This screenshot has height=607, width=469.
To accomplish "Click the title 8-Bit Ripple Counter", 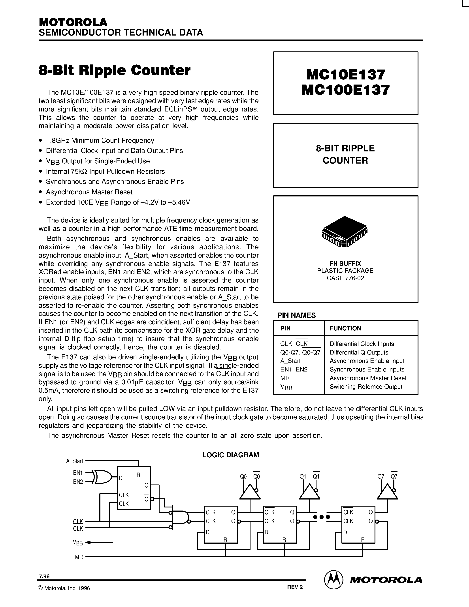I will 115,70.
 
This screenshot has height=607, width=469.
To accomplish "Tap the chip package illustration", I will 345,232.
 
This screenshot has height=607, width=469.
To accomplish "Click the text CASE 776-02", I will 345,278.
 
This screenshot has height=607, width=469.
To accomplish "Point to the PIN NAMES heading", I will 296,315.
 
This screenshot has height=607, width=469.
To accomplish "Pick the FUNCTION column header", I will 345,328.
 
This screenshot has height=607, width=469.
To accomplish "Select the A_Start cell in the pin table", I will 290,361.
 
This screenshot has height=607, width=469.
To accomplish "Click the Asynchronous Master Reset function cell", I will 368,378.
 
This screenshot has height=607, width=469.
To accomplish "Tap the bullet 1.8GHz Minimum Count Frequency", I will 100,140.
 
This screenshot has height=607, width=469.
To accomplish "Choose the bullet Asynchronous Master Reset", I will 89,192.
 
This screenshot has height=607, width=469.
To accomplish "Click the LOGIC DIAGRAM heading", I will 231,455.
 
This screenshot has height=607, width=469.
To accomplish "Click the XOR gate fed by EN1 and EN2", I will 103,477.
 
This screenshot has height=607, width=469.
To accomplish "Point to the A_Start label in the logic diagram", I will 74,461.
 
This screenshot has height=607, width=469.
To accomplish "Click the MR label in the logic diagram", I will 79,557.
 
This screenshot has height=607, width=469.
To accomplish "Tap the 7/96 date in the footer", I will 44,577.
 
